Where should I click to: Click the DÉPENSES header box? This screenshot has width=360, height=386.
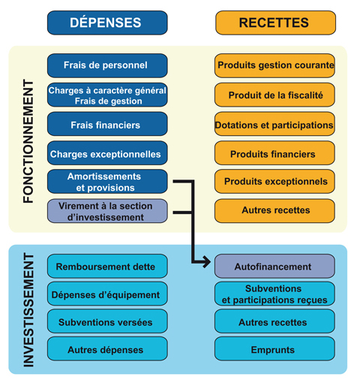click(106, 23)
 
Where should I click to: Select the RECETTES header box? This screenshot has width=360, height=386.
click(274, 23)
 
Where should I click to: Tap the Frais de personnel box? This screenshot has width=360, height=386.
click(106, 65)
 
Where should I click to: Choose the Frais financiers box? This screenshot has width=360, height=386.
click(106, 125)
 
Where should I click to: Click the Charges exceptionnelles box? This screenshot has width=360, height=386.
click(106, 154)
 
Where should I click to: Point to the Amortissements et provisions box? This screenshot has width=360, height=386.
click(106, 182)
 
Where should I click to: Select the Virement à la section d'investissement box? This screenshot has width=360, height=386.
click(106, 211)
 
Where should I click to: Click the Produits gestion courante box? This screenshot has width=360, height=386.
click(274, 65)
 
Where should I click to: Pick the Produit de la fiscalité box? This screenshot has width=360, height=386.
click(274, 95)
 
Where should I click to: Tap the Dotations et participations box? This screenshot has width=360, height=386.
click(274, 125)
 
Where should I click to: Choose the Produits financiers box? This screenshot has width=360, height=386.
click(274, 154)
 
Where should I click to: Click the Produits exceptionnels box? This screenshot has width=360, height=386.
click(274, 182)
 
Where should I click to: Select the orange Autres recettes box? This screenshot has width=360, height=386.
click(274, 211)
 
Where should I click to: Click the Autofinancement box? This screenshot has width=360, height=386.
click(274, 266)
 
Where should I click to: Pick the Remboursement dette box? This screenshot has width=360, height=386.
click(106, 266)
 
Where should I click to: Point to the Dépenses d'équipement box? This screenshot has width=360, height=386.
click(106, 294)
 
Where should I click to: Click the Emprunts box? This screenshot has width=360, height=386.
click(274, 348)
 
